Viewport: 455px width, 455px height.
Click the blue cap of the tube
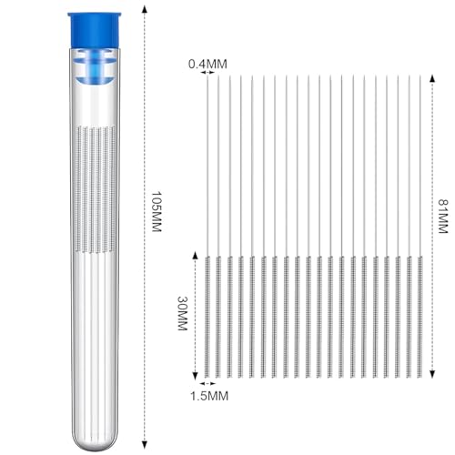click(x=94, y=30)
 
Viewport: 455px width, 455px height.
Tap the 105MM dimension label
click(x=157, y=211)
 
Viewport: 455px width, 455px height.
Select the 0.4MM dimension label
click(x=207, y=64)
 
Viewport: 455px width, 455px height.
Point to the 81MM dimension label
click(x=443, y=216)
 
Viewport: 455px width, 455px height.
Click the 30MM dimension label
click(x=182, y=313)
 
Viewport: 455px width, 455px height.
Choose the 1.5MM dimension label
click(x=209, y=396)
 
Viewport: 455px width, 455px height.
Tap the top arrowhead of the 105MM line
click(x=145, y=9)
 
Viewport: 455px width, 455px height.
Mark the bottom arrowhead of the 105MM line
click(x=145, y=445)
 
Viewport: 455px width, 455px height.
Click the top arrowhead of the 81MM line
click(x=432, y=78)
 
